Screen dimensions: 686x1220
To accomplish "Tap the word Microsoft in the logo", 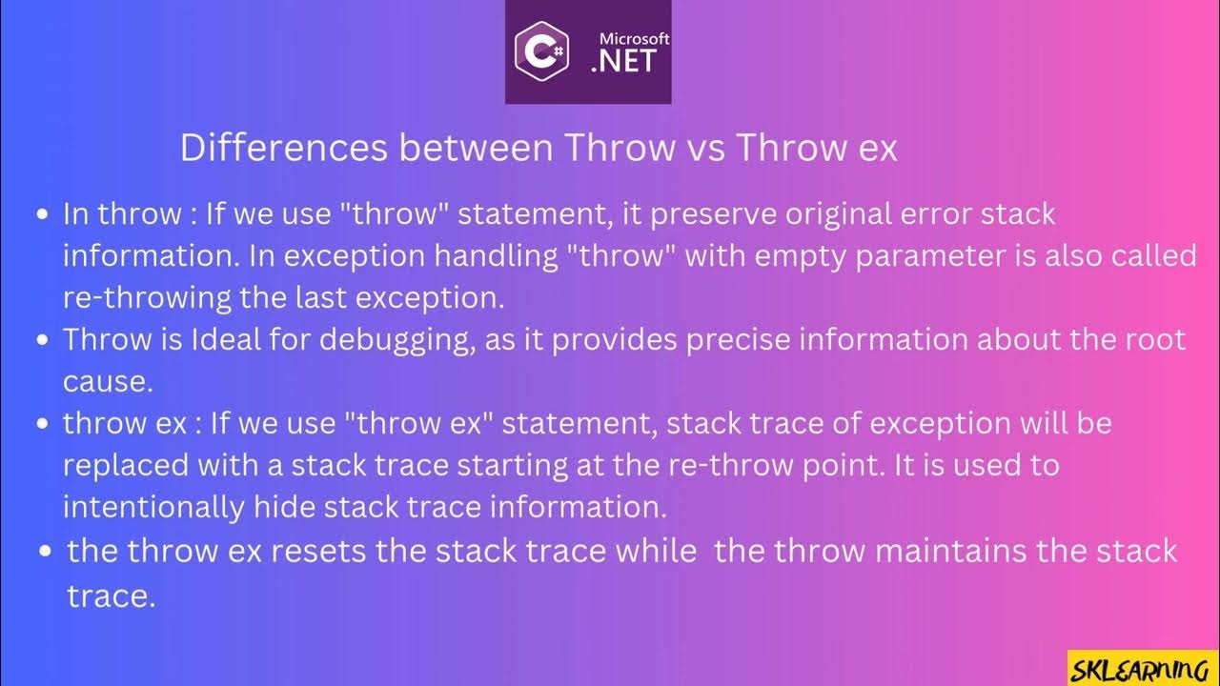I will (634, 39).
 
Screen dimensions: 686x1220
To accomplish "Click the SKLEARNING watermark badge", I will (1143, 668).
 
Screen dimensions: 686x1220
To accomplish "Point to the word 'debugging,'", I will (397, 340).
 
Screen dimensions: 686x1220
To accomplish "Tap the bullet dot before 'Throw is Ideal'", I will (42, 340).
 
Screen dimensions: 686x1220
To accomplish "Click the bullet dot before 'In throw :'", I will (42, 214).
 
